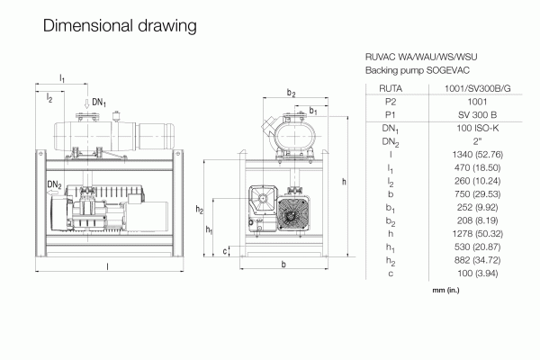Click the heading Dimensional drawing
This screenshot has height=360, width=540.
[120, 26]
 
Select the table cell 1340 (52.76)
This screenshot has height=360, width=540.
[477, 154]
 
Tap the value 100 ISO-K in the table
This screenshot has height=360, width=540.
[477, 128]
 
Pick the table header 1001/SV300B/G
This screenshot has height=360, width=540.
[477, 88]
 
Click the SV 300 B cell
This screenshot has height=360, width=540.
[477, 114]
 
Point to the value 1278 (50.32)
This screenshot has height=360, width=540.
[477, 234]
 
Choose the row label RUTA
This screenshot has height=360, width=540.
[391, 88]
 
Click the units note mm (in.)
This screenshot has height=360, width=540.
[445, 290]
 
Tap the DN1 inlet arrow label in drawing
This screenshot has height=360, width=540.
[99, 103]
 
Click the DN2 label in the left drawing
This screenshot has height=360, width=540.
[54, 185]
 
